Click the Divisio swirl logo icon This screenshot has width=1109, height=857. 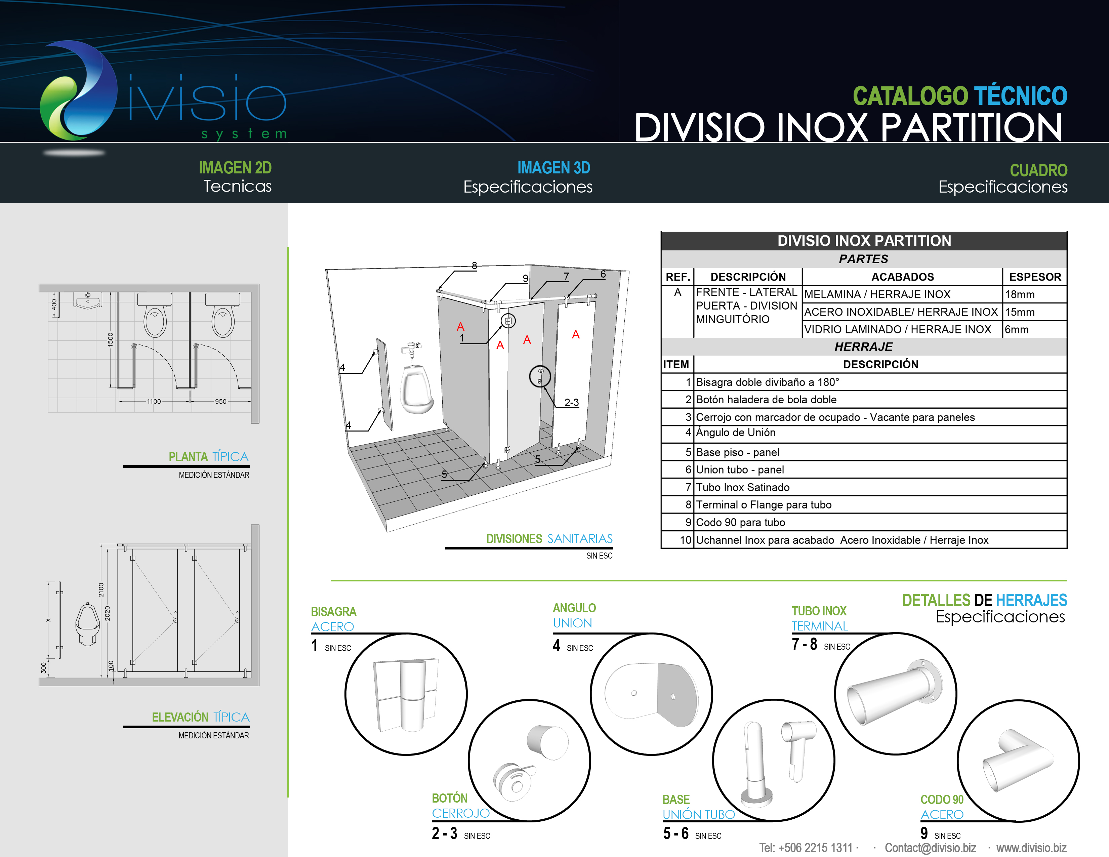[x=79, y=91]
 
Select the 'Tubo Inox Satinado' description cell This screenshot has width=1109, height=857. [x=880, y=487]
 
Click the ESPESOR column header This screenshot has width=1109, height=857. [x=1035, y=277]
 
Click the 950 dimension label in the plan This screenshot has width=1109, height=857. [x=220, y=401]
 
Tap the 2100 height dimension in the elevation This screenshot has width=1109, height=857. [x=101, y=590]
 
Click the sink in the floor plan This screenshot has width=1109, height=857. [x=88, y=300]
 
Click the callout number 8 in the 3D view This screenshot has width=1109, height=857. [x=474, y=266]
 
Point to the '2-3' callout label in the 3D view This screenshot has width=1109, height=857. [x=571, y=402]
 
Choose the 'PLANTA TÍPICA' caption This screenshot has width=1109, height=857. [x=208, y=456]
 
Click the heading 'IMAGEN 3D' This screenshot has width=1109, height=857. [x=553, y=168]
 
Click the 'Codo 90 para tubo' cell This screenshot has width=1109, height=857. [x=880, y=522]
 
